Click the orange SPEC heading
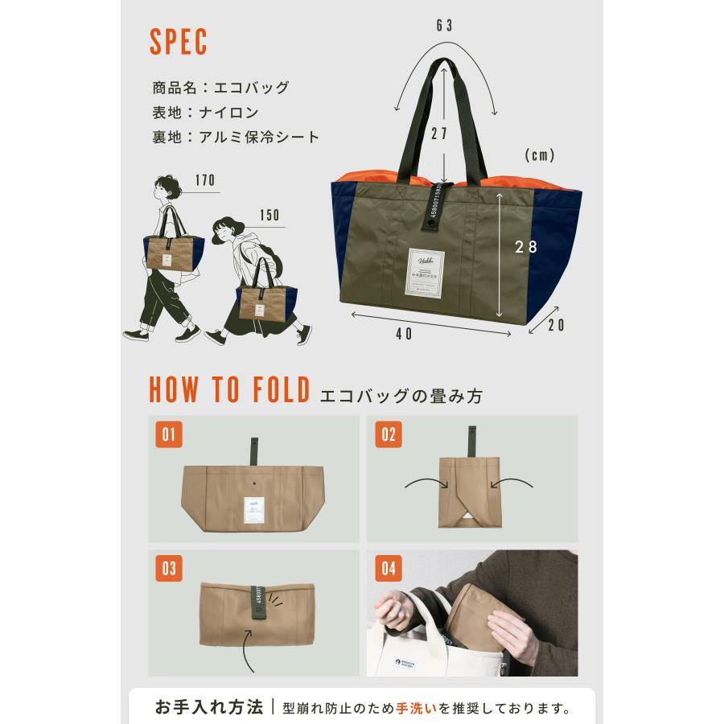pyautogui.click(x=179, y=43)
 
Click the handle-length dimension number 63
pyautogui.click(x=445, y=26)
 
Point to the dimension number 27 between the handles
pyautogui.click(x=439, y=134)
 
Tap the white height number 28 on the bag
pyautogui.click(x=526, y=248)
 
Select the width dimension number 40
pyautogui.click(x=404, y=334)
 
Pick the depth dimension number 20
pyautogui.click(x=556, y=325)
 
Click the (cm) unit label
pyautogui.click(x=540, y=155)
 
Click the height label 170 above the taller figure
pyautogui.click(x=205, y=180)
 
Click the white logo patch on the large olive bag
pyautogui.click(x=426, y=270)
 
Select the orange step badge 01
pyautogui.click(x=169, y=434)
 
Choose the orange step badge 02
pyautogui.click(x=389, y=434)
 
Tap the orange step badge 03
pyautogui.click(x=169, y=568)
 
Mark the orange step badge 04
pyautogui.click(x=389, y=569)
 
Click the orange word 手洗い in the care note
pyautogui.click(x=416, y=709)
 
